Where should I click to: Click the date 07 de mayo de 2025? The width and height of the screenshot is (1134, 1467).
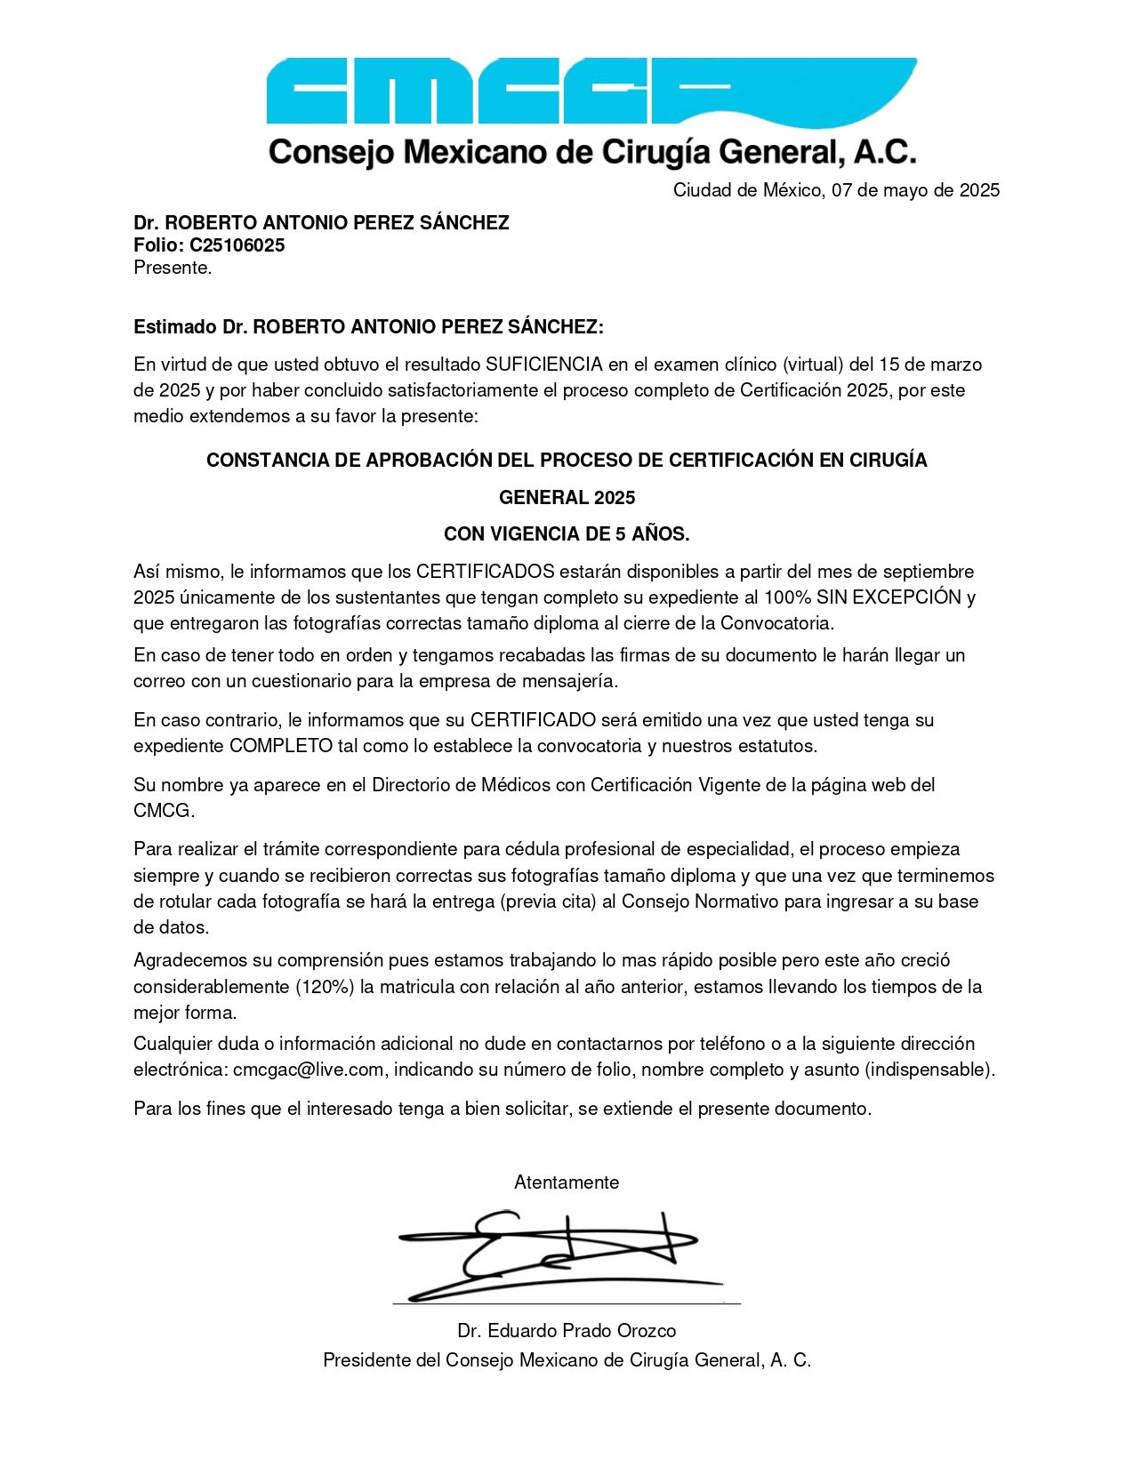(x=915, y=190)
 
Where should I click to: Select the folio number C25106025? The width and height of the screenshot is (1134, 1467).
(x=237, y=245)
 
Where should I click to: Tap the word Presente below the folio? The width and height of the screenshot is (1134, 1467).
(x=172, y=268)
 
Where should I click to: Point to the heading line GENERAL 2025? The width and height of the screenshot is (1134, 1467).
(x=567, y=498)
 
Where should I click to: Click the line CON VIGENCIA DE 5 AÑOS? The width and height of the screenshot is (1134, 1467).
(x=567, y=534)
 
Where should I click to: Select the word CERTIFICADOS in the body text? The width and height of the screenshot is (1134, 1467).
(x=485, y=572)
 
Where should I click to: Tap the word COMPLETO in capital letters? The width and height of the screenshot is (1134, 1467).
(x=280, y=746)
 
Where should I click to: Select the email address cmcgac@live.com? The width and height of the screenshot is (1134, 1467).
(x=309, y=1070)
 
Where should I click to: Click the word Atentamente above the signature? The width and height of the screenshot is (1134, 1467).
(x=567, y=1182)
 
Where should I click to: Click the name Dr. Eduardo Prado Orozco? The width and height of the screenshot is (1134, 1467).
(x=567, y=1331)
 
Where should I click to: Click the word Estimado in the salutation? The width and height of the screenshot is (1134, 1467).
(x=174, y=327)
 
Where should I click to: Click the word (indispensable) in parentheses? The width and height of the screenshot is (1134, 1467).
(x=929, y=1070)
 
